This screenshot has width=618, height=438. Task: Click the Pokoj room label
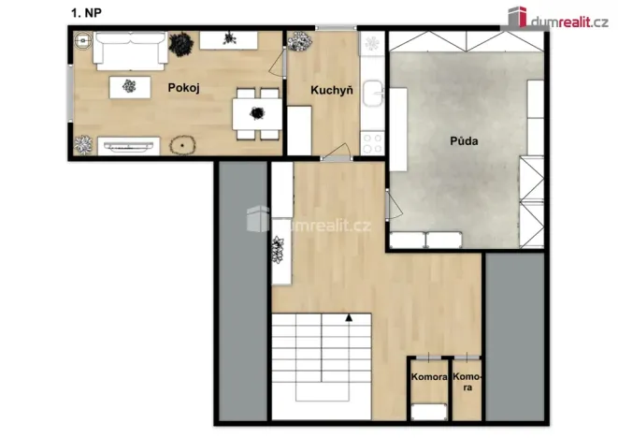pos(185,88)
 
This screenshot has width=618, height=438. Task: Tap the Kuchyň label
pos(332,90)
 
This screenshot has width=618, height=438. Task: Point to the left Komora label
pos(429,378)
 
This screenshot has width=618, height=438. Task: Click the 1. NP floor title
pos(86,12)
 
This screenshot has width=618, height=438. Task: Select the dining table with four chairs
pos(255,109)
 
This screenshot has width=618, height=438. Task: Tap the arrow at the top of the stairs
pos(349,318)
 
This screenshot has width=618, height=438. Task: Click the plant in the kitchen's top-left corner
pos(299,41)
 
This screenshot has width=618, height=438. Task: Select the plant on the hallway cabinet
pos(278,250)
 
